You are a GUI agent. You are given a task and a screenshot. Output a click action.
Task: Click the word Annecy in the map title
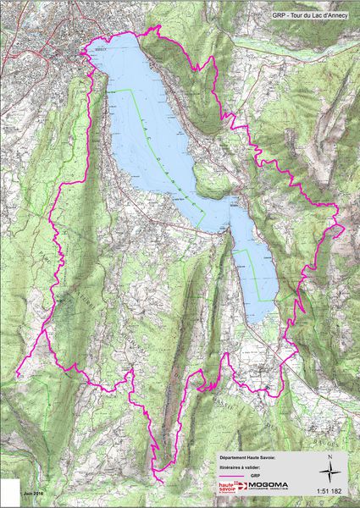click(x=341, y=14)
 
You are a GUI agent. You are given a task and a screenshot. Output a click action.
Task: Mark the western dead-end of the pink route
click(x=17, y=373)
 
